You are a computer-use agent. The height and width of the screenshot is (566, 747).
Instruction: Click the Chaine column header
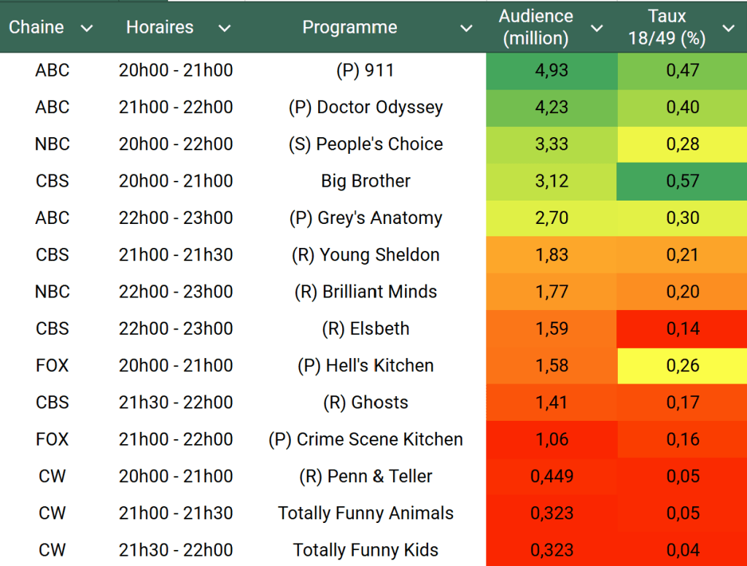pos(36,28)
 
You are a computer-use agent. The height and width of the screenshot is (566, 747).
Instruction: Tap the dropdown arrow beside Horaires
pos(225,28)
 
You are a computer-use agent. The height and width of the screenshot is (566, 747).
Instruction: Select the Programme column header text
pos(349,28)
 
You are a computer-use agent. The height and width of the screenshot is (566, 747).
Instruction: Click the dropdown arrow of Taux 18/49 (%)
pos(728,28)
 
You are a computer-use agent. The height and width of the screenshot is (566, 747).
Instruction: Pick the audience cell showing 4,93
pos(551,71)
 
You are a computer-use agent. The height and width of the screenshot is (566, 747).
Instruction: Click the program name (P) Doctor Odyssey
pos(365,107)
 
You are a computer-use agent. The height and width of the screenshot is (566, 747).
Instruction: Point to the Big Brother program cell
pos(365,181)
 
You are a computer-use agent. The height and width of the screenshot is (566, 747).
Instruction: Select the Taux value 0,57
pos(682,181)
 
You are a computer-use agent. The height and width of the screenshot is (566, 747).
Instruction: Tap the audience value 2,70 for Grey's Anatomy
pos(551,218)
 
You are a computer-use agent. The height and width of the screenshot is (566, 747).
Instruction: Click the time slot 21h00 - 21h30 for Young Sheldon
pos(176,255)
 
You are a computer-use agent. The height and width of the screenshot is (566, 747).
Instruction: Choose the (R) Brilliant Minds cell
pos(365,292)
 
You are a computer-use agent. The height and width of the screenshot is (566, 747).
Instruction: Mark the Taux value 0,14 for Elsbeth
pos(682,329)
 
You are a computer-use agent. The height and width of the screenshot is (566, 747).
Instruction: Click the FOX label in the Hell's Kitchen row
pos(53,365)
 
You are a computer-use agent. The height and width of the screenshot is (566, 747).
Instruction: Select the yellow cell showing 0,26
pos(682,365)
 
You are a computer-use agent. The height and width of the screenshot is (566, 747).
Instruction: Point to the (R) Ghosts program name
pos(365,403)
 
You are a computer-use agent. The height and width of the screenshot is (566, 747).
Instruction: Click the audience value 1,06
pos(551,439)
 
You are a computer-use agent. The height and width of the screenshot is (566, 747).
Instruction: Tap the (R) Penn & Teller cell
pos(365,476)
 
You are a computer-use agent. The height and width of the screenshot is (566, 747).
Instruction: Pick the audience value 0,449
pos(551,476)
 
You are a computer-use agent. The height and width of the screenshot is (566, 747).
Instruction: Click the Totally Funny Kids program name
pos(365,550)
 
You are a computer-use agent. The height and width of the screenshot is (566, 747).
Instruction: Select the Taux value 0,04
pos(682,550)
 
